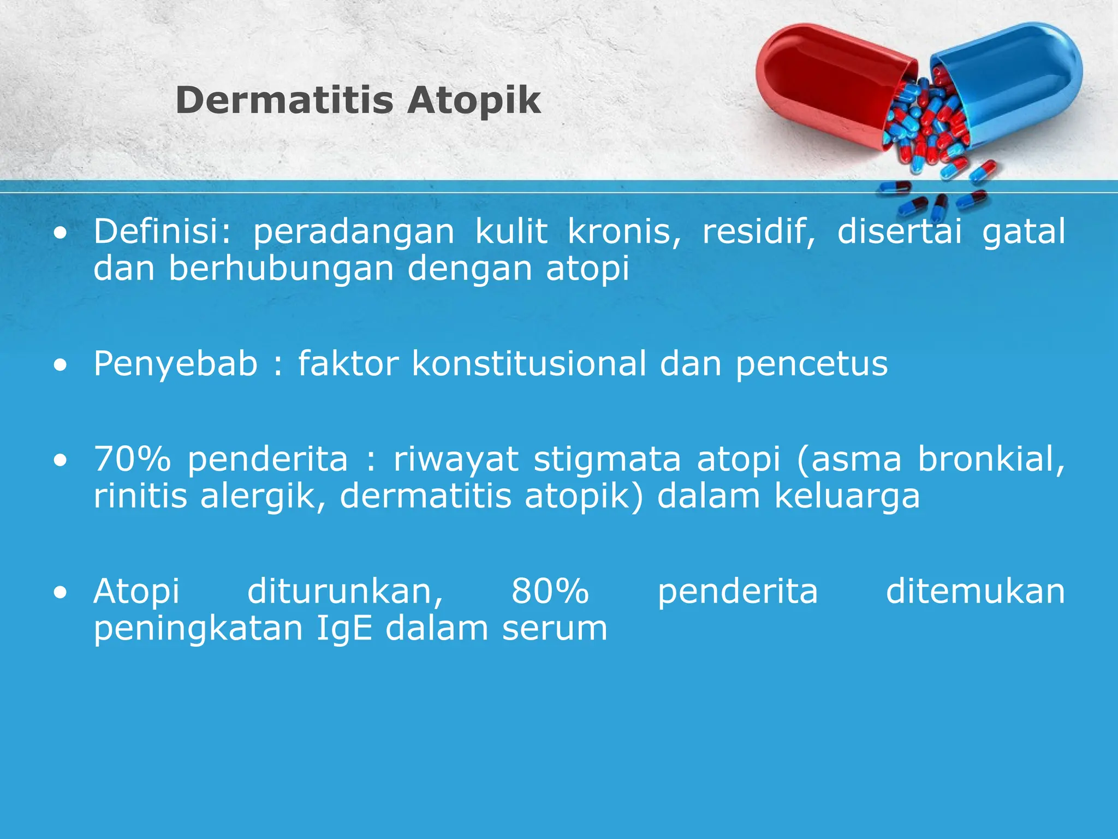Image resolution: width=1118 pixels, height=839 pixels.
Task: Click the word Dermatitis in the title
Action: tap(284, 101)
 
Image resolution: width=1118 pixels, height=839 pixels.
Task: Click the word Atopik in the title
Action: tap(474, 101)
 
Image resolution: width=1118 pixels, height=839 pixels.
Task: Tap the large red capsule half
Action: tap(824, 82)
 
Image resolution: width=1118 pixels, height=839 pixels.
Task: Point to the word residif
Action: tap(758, 232)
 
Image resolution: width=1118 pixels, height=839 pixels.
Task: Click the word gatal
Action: tap(1024, 232)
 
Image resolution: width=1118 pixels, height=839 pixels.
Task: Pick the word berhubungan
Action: tap(281, 269)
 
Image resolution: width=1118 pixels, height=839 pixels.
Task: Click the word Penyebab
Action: tap(175, 364)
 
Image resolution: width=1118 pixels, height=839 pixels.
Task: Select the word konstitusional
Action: tap(529, 364)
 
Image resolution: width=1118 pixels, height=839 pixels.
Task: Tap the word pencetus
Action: tap(812, 365)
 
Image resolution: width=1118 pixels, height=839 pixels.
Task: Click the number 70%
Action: tap(133, 459)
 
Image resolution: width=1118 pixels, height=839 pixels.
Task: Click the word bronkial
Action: tap(991, 459)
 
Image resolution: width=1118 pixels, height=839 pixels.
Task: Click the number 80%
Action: tap(550, 592)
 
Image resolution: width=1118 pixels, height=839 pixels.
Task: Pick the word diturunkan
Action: tap(345, 592)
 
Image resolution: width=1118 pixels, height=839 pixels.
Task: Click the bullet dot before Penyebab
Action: tap(61, 365)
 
